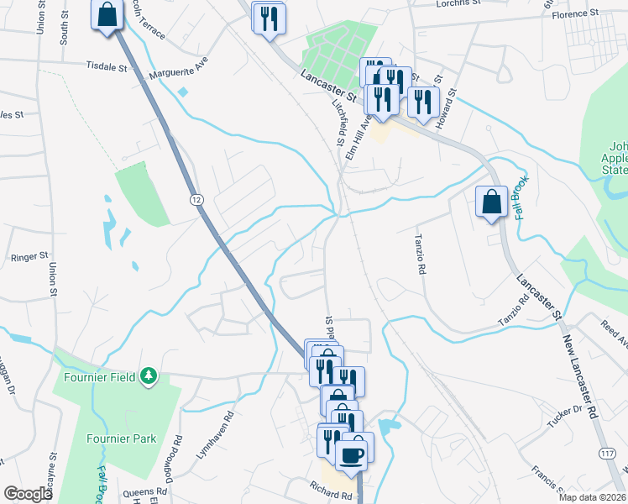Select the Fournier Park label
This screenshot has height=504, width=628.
(122, 438)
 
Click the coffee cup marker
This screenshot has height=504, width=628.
(350, 454)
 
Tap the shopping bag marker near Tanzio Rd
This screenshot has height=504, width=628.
(491, 202)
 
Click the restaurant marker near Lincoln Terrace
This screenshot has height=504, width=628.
(270, 18)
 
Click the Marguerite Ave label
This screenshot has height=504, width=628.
(178, 70)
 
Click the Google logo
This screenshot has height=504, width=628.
(28, 494)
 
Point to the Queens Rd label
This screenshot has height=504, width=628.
(140, 494)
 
